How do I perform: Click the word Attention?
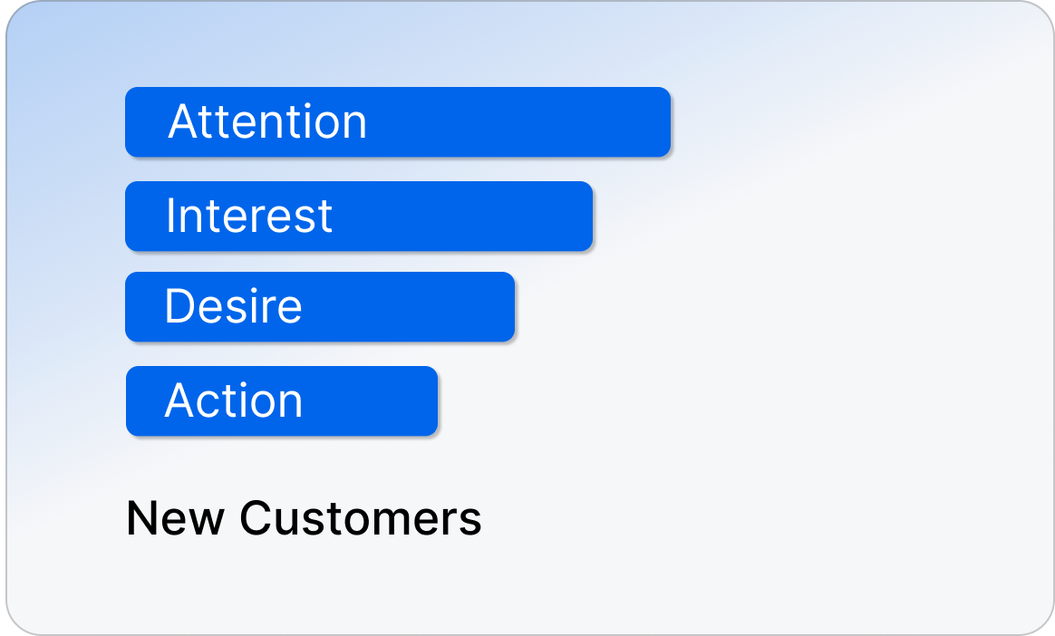tap(267, 121)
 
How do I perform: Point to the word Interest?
tap(249, 216)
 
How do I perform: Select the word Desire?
tap(233, 307)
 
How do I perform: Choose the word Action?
tap(233, 400)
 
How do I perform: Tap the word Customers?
tap(360, 518)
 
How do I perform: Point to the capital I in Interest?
tap(170, 216)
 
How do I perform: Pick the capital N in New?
tap(140, 518)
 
